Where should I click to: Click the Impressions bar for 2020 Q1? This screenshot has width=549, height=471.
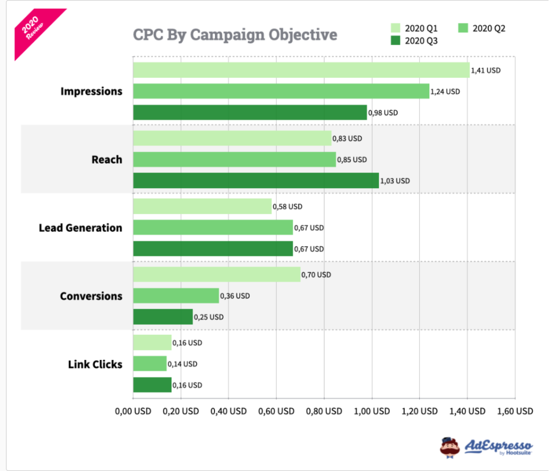pyautogui.click(x=301, y=70)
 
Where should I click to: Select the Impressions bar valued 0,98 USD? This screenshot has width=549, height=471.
pyautogui.click(x=250, y=113)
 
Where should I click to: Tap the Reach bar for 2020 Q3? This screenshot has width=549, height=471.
pyautogui.click(x=256, y=181)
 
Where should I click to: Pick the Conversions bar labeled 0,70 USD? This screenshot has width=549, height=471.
pyautogui.click(x=217, y=275)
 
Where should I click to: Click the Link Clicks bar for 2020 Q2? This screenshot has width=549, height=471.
pyautogui.click(x=150, y=364)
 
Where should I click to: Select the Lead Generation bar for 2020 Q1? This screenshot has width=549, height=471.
pyautogui.click(x=202, y=207)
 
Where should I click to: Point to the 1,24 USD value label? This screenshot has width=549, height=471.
pyautogui.click(x=446, y=92)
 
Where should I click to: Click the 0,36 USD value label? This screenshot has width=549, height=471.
pyautogui.click(x=235, y=296)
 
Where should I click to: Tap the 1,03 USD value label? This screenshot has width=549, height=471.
pyautogui.click(x=395, y=181)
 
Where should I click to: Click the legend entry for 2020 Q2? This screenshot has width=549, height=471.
pyautogui.click(x=483, y=28)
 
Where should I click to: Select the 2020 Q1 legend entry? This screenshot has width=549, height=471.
pyautogui.click(x=415, y=28)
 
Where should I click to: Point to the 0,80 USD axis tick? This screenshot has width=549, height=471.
pyautogui.click(x=324, y=411)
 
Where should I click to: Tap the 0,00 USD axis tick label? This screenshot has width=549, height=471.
pyautogui.click(x=133, y=411)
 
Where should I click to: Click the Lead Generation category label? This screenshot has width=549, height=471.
pyautogui.click(x=80, y=228)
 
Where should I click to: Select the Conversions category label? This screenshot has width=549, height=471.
pyautogui.click(x=91, y=296)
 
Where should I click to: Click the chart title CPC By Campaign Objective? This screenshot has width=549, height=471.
pyautogui.click(x=235, y=34)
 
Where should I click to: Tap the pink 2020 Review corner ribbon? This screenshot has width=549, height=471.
pyautogui.click(x=33, y=30)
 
